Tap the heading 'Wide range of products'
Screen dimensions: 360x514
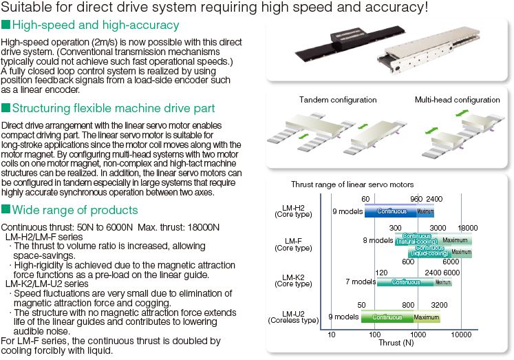coord(75,210)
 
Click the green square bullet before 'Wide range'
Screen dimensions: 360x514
coord(6,210)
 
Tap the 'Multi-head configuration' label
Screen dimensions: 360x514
coord(457,100)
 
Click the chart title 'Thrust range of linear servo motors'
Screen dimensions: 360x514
coord(352,184)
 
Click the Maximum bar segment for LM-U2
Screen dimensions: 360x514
coord(427,317)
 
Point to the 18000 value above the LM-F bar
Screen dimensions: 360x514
coord(468,228)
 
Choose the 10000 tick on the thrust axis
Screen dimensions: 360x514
coord(460,335)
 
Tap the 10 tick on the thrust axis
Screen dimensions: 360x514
coord(332,335)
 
